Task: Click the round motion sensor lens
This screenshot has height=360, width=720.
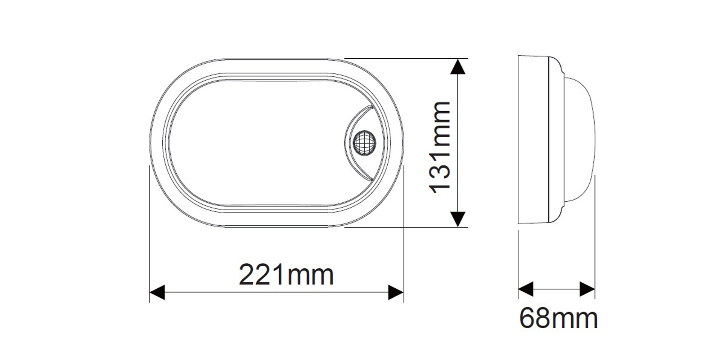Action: pos(364,143)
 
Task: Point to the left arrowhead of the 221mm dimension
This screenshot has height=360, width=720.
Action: pos(157,292)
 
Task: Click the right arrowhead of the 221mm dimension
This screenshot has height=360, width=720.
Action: pos(396,292)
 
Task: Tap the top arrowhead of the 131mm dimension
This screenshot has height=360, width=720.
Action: pos(458,67)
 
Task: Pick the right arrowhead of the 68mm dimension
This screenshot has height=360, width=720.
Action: pos(587,289)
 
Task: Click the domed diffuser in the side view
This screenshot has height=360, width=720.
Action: pos(580,140)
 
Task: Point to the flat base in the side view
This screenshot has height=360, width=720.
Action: pos(533,140)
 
